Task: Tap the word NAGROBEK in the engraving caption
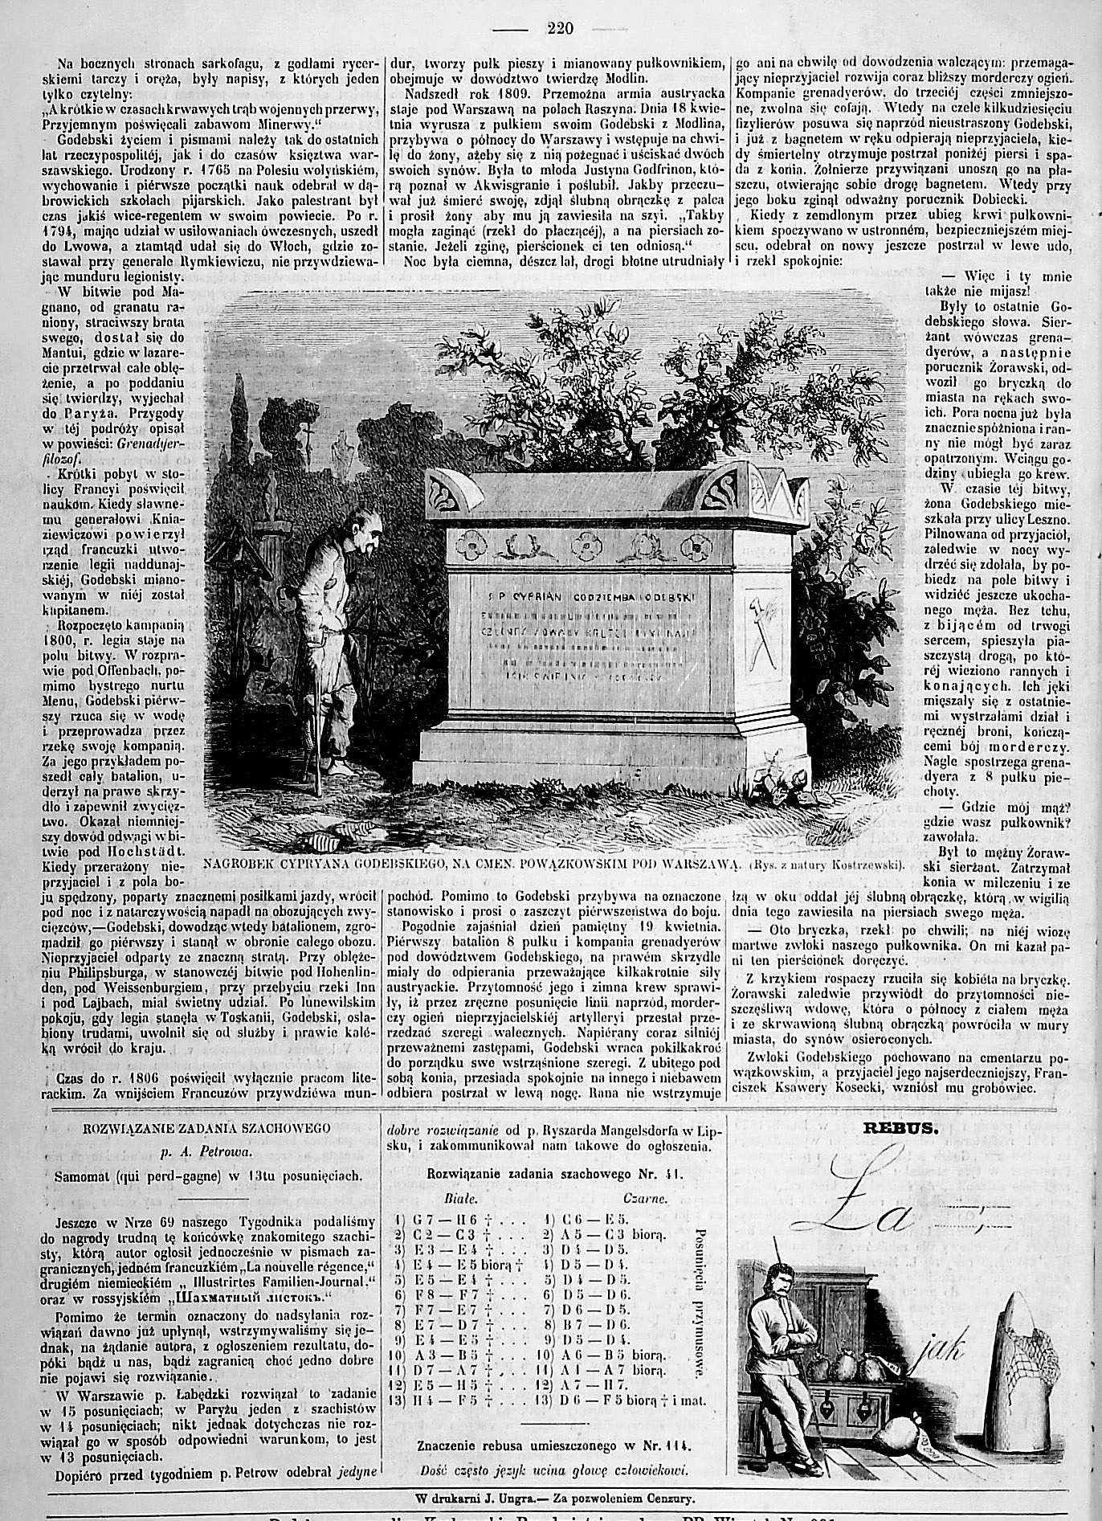click(x=236, y=864)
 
